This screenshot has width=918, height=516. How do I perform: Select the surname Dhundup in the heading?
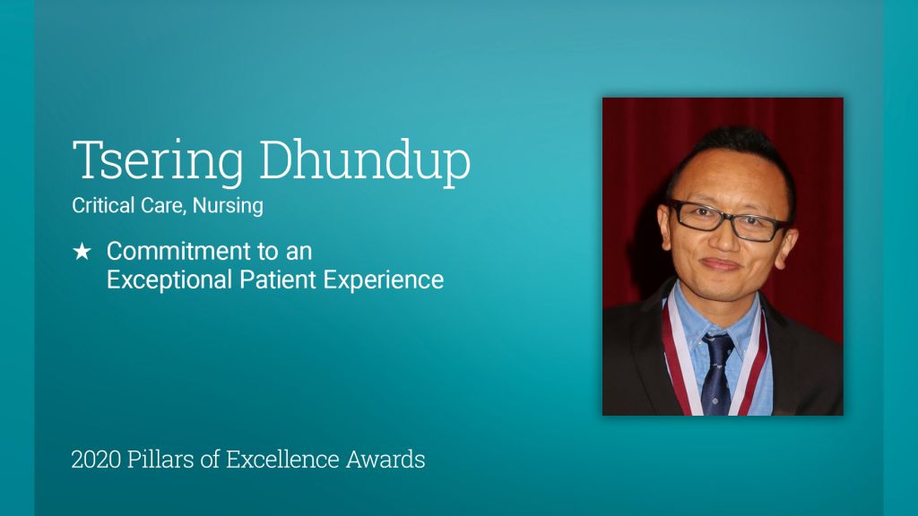pos(365,161)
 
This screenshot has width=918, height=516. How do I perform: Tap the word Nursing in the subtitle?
pos(228,206)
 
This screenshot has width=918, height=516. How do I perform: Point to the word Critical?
pos(103,205)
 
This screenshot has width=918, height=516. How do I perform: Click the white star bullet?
pos(82,252)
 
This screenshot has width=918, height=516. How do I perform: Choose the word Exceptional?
pos(169,279)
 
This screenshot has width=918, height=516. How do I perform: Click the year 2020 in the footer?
pos(96,460)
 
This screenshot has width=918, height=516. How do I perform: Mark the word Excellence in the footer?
pos(282,460)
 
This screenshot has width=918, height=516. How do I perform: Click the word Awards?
pos(385,460)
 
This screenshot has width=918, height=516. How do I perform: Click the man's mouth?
pos(720,264)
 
